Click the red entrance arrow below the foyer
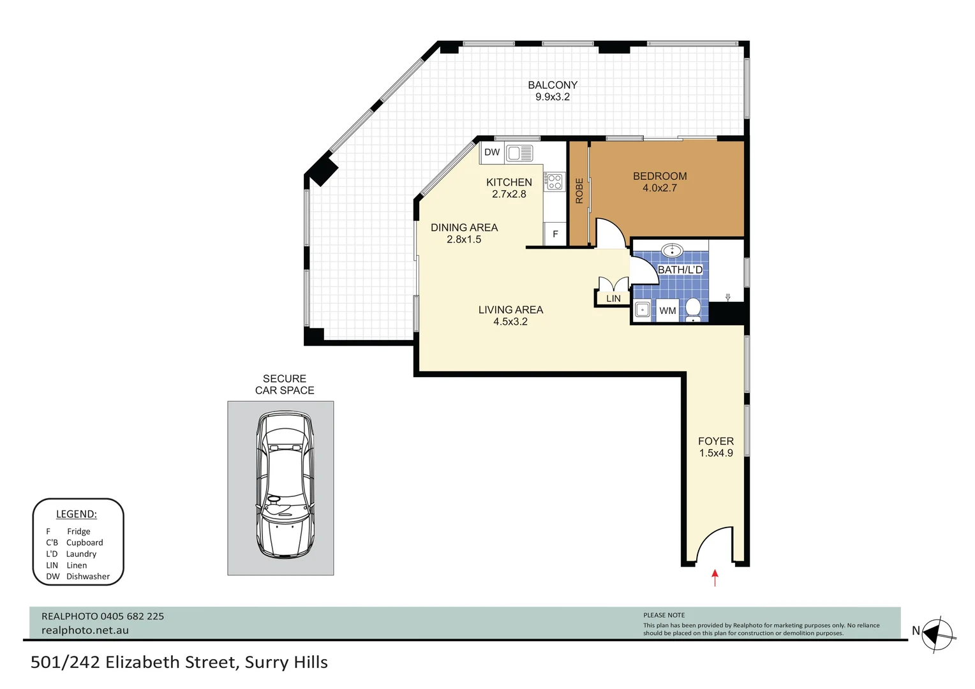[x=715, y=577]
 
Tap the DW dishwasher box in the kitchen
[x=493, y=152]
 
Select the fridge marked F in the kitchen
[x=555, y=234]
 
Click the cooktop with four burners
[x=554, y=181]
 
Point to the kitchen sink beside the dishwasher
[x=519, y=152]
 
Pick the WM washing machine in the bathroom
[x=667, y=310]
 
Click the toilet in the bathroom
[x=693, y=310]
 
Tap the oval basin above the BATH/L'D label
[x=673, y=250]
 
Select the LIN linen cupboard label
[x=613, y=299]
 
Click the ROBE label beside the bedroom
[x=579, y=191]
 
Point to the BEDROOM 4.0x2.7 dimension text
[x=660, y=182]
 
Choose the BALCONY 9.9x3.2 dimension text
[x=553, y=91]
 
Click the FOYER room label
[x=716, y=441]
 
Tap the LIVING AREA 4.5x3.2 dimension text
[x=510, y=316]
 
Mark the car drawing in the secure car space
[x=285, y=485]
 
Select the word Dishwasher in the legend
[x=88, y=576]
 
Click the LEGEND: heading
[x=77, y=514]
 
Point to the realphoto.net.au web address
[x=86, y=630]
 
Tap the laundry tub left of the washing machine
[x=643, y=310]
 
